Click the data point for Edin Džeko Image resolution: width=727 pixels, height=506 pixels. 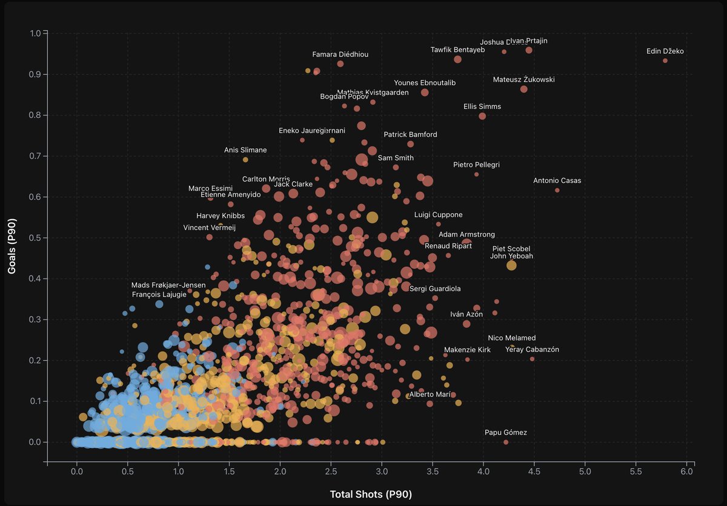[x=665, y=61]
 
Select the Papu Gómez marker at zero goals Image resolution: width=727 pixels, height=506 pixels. [x=506, y=442]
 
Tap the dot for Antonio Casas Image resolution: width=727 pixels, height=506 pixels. [x=557, y=190]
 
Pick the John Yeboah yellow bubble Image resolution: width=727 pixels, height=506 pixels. [x=511, y=265]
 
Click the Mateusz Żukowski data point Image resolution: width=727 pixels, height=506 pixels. [x=523, y=89]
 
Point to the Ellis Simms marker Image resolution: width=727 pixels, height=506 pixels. [x=482, y=116]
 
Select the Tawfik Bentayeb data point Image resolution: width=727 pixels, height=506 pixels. [x=457, y=59]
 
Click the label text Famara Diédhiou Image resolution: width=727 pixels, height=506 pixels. [x=340, y=54]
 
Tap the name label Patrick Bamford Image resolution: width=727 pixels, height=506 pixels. [x=410, y=134]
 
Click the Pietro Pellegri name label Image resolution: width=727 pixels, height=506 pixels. [x=476, y=165]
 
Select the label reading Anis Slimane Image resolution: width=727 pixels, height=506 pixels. [x=245, y=150]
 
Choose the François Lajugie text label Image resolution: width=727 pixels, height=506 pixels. [x=159, y=295]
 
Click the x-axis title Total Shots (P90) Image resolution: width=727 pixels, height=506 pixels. [x=371, y=494]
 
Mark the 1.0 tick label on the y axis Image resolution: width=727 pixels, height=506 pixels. [x=35, y=33]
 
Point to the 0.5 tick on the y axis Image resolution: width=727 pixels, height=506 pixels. [x=35, y=238]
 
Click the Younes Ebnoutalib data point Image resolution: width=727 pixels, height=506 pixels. [x=425, y=92]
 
